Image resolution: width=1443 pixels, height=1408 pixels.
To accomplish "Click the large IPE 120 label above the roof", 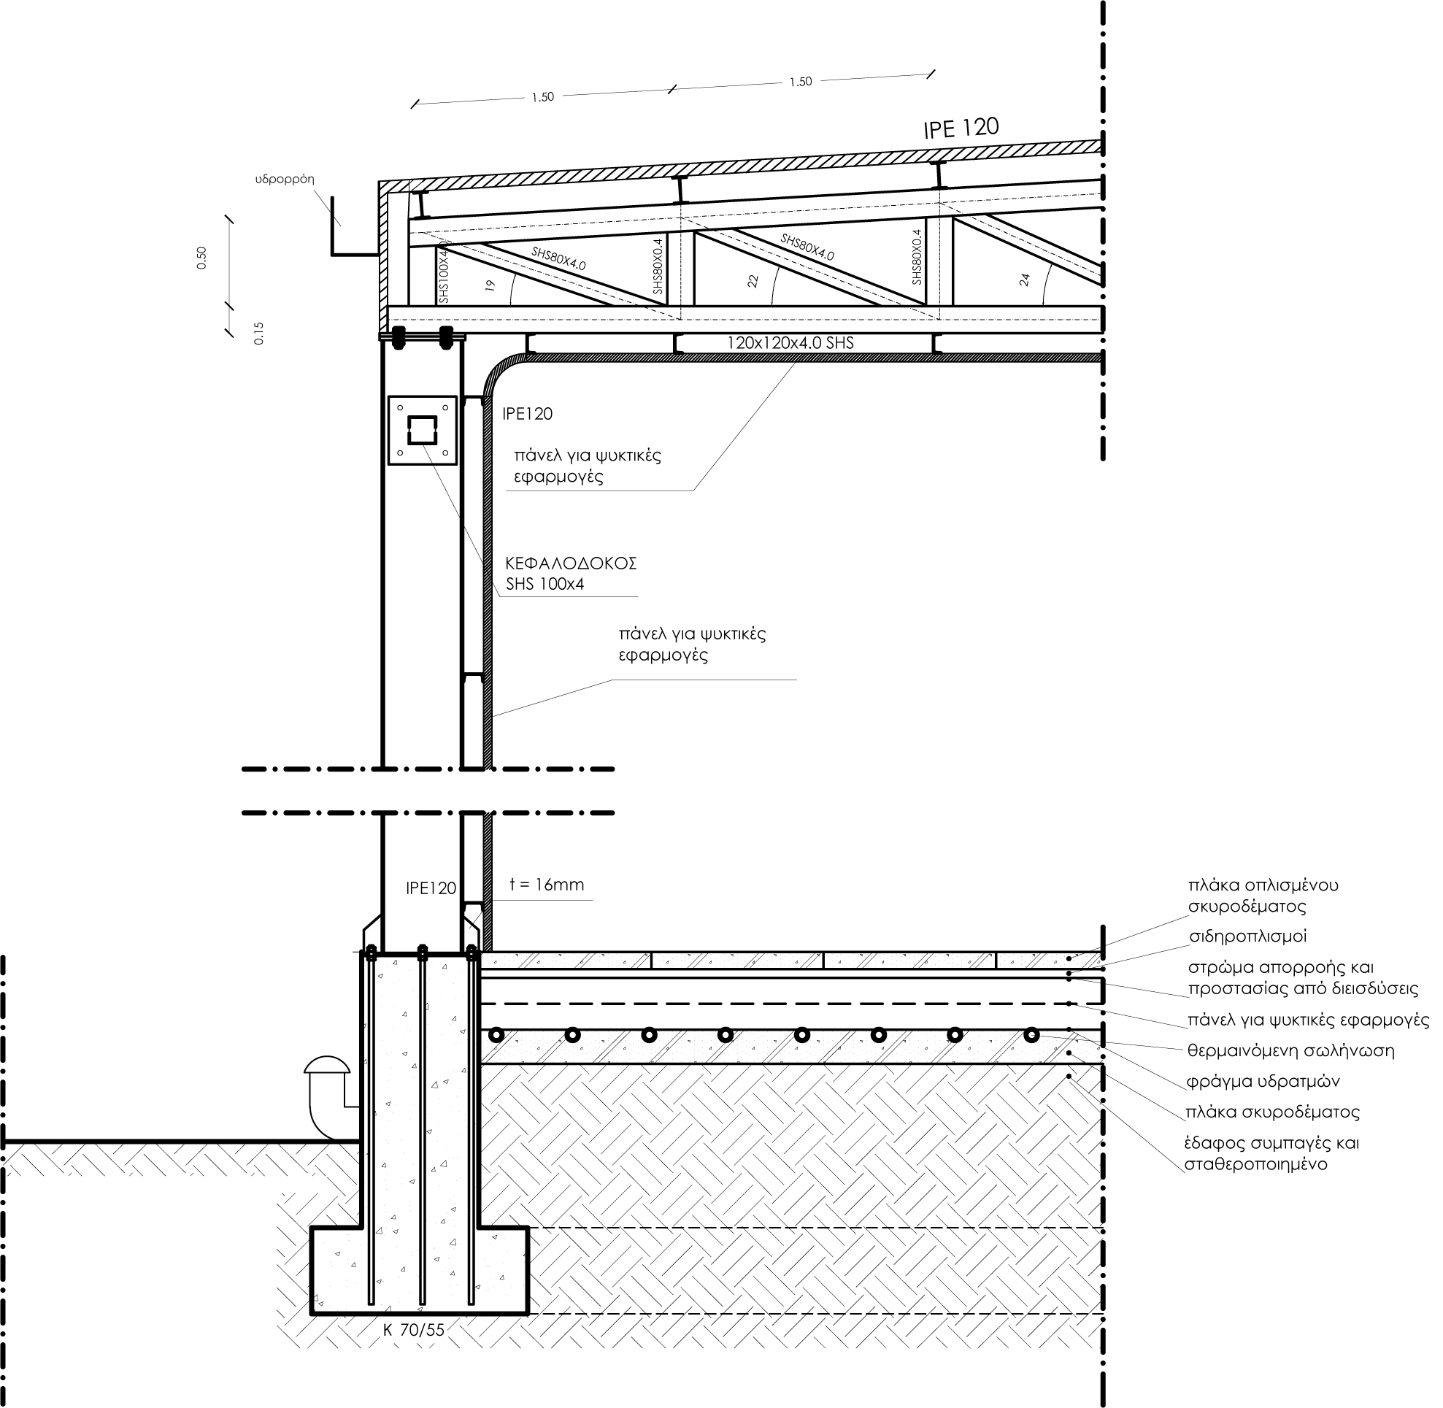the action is click(x=961, y=128).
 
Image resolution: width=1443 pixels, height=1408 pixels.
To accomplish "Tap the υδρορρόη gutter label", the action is click(x=285, y=180).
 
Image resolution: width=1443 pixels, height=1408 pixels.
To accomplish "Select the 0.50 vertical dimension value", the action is click(x=202, y=258).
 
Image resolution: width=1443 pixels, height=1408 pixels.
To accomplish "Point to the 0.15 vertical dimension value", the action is click(x=258, y=334).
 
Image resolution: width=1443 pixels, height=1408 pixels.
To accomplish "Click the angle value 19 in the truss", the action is click(x=490, y=285).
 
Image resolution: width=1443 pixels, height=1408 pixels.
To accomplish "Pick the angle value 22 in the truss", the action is click(x=753, y=281).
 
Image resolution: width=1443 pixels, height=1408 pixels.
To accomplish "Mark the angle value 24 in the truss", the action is click(x=1024, y=280).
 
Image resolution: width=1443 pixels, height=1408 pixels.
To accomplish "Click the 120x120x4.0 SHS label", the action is click(x=790, y=342).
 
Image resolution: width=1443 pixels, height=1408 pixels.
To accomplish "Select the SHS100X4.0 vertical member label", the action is click(x=444, y=271).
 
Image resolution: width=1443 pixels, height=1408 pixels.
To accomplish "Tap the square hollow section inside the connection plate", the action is click(x=423, y=430).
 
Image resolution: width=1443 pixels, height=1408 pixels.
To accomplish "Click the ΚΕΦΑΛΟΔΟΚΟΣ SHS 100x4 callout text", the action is click(x=571, y=573).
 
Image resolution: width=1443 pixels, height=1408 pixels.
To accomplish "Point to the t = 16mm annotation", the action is click(x=547, y=885).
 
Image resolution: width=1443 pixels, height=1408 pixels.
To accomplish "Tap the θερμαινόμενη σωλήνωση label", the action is click(x=1290, y=1051).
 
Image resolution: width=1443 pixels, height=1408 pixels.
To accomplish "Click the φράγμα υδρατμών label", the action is click(x=1263, y=1082).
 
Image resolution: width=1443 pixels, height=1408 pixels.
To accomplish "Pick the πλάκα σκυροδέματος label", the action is click(x=1272, y=1112).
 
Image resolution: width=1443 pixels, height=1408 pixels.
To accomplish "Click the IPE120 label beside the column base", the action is click(x=431, y=888).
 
